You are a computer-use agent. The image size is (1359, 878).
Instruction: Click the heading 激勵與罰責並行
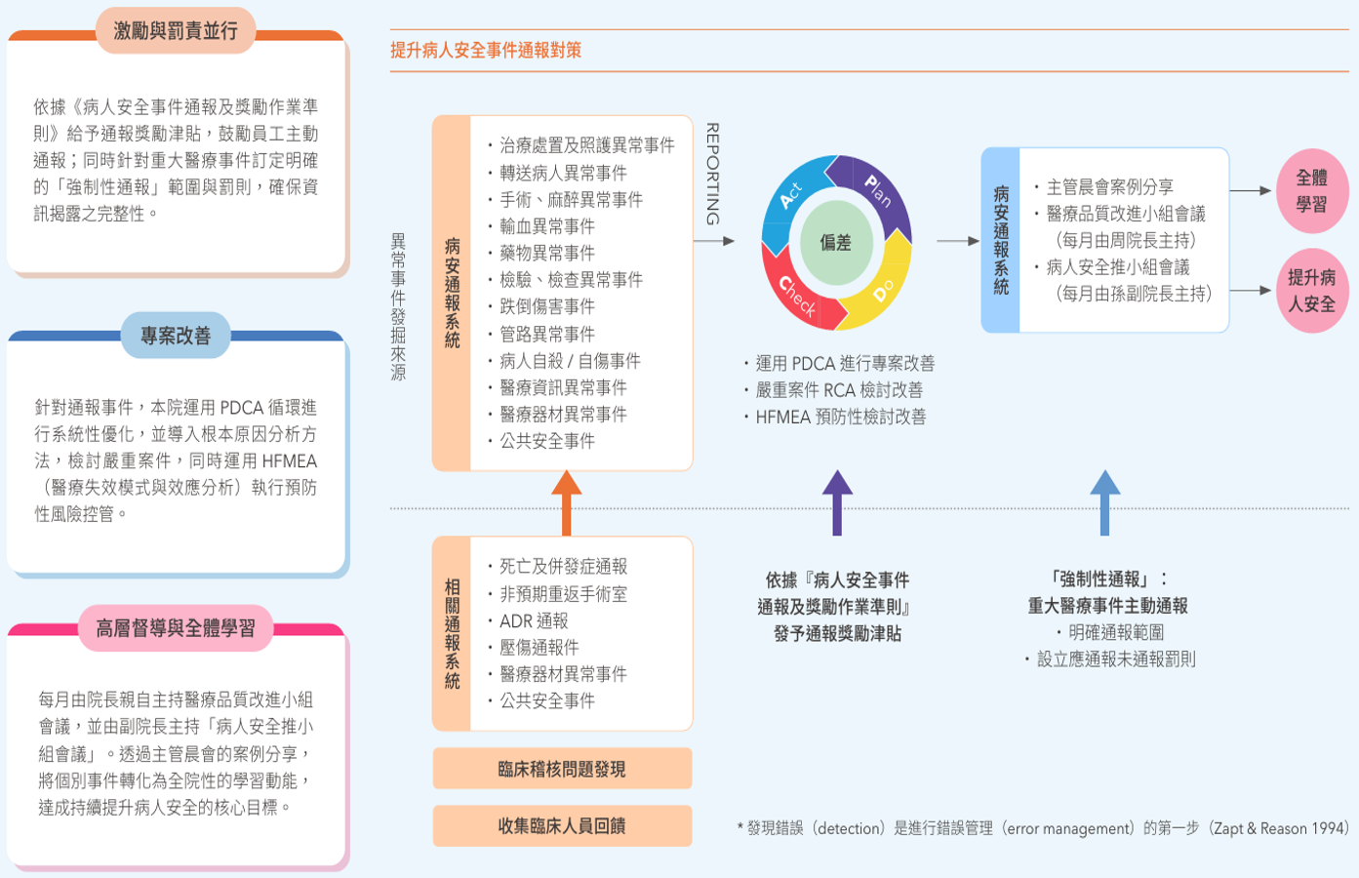point(176,30)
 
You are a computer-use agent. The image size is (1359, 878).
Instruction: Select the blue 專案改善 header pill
point(176,335)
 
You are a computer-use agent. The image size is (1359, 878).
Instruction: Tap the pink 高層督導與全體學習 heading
point(176,628)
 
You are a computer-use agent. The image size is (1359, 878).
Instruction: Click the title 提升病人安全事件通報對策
point(486,50)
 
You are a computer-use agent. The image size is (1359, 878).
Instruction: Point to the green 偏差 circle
point(836,243)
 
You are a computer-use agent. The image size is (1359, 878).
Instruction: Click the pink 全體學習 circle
point(1311,190)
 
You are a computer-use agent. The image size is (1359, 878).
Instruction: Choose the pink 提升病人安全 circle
point(1311,291)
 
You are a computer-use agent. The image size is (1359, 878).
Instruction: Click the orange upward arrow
point(566,503)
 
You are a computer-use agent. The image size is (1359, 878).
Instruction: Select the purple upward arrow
point(837,503)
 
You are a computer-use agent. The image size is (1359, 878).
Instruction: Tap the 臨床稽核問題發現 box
point(562,769)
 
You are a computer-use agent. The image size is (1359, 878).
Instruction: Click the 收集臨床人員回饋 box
point(562,826)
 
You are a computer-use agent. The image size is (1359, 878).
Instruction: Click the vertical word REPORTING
point(713,175)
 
